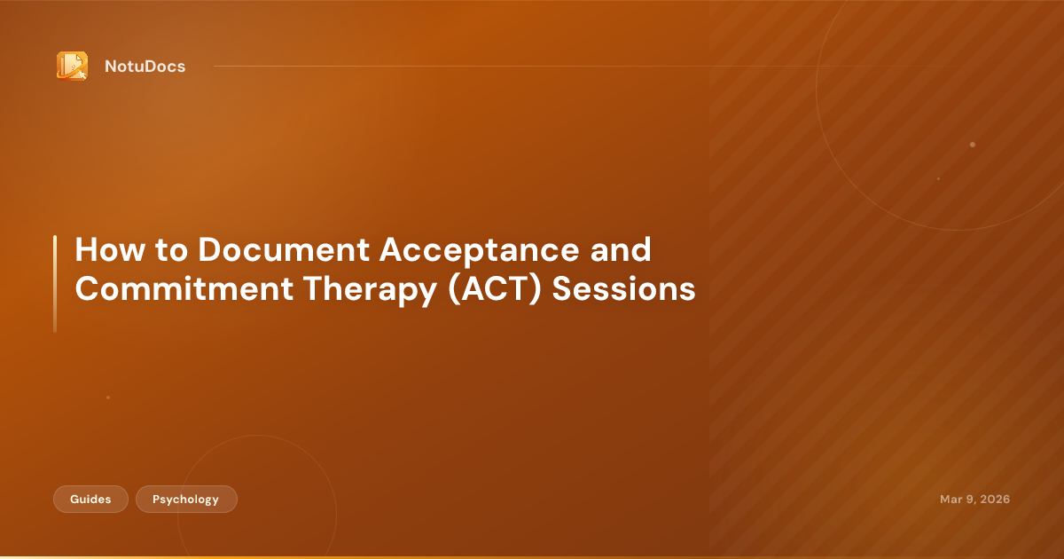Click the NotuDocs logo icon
pos(72,66)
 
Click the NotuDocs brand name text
pos(145,67)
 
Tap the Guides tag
pos(90,500)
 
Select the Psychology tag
pos(186,500)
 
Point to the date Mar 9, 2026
pos(974,500)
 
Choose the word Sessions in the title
pos(624,290)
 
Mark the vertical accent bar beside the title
pos(55,283)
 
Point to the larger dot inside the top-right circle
pos(973,145)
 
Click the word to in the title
pos(168,251)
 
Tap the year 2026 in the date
pos(994,500)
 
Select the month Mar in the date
pos(951,500)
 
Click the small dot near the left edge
pos(108,398)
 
